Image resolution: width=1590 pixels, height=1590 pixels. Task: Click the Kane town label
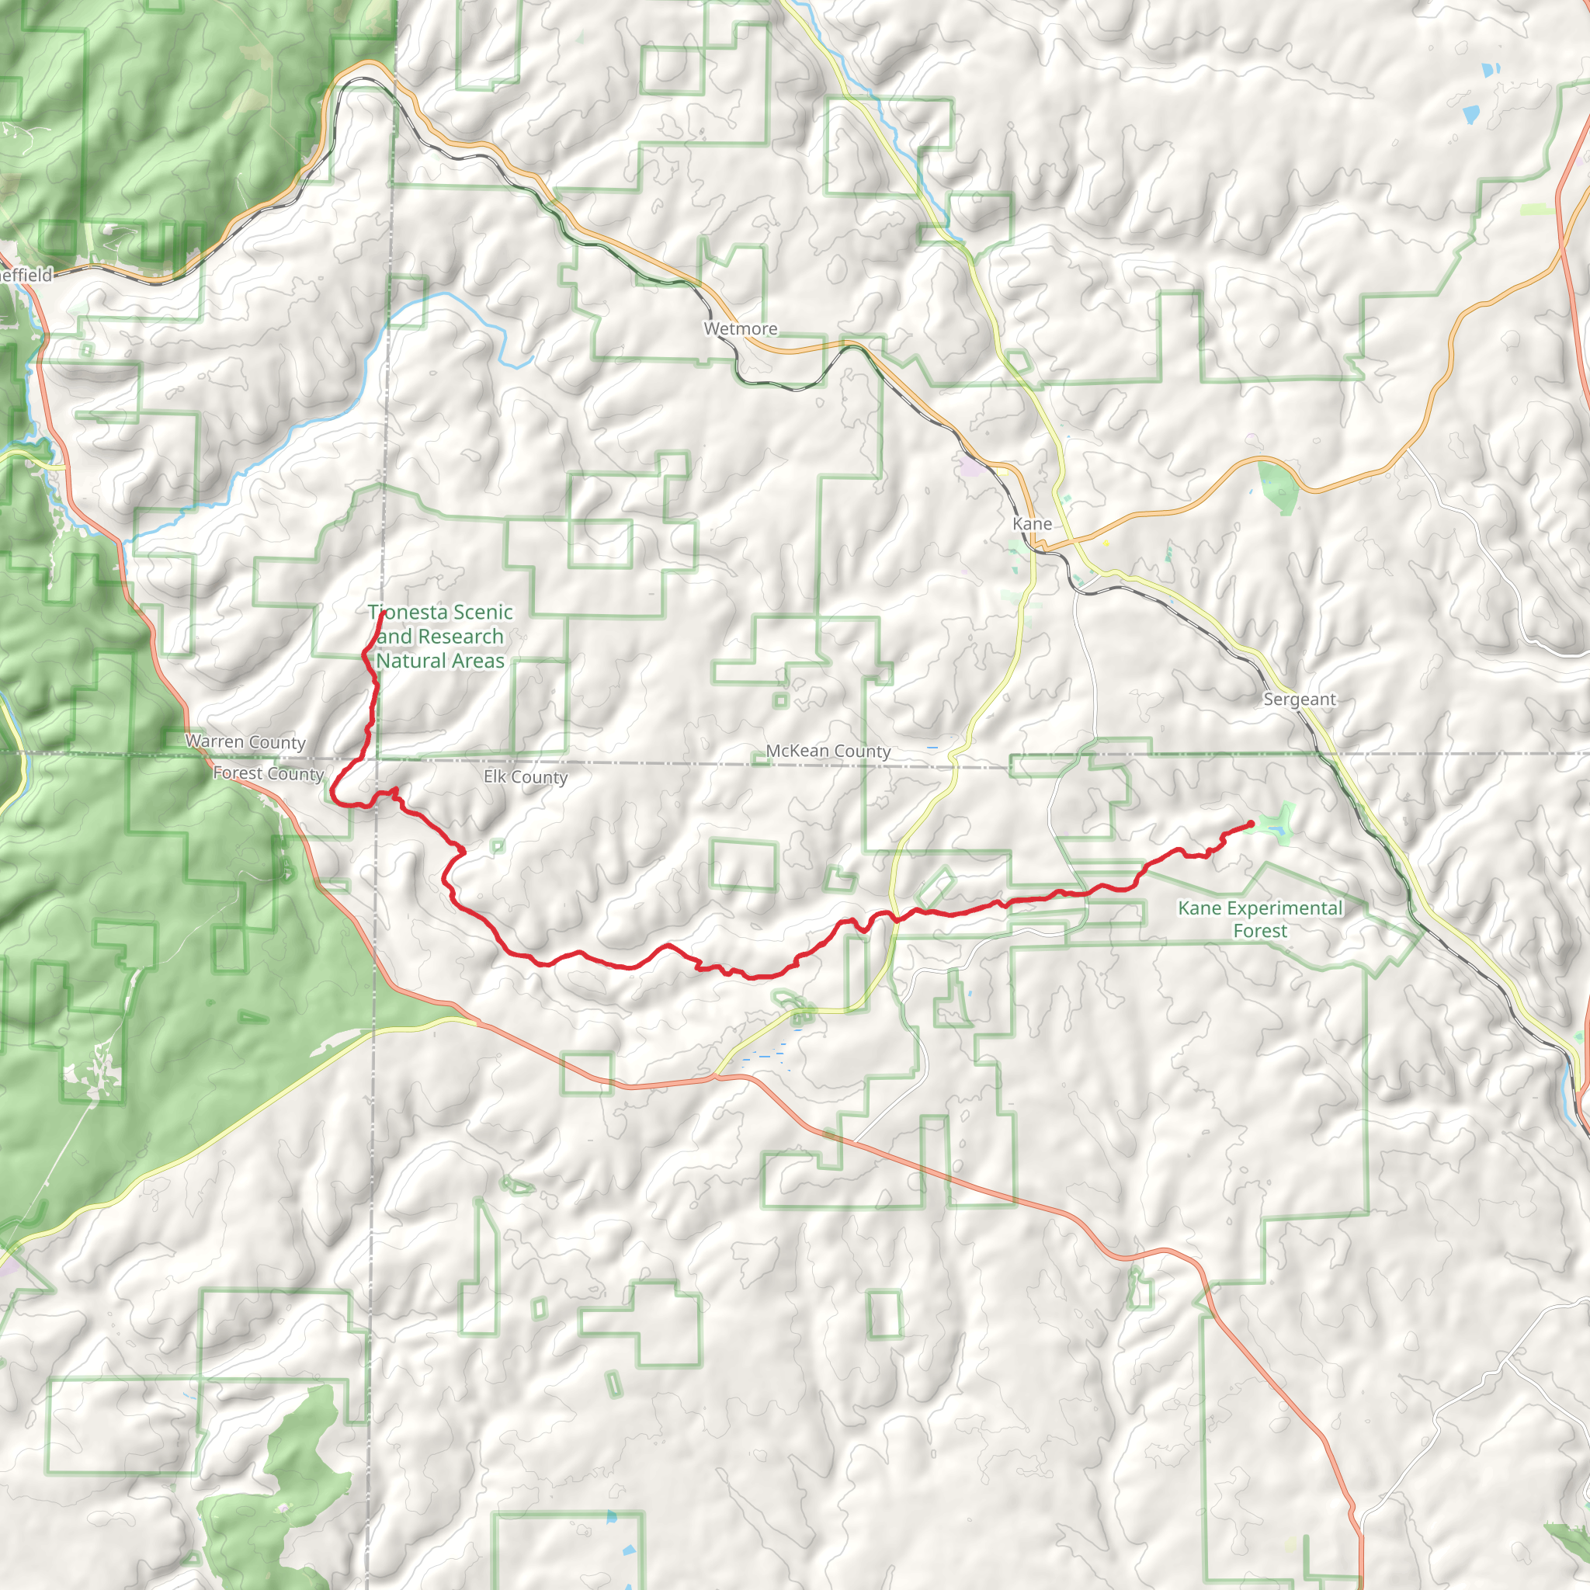point(1032,524)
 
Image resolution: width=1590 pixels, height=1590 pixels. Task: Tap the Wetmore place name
point(741,329)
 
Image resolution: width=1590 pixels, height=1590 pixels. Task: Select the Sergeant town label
point(1300,700)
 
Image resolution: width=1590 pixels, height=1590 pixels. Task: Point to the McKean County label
point(828,752)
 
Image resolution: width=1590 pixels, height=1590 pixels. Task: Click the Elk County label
point(525,777)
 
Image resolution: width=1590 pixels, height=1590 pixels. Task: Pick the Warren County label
point(245,741)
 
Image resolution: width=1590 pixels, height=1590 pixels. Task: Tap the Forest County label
point(268,773)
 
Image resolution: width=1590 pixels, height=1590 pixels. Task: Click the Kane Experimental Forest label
point(1260,919)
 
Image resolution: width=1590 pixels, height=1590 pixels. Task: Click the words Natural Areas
point(440,661)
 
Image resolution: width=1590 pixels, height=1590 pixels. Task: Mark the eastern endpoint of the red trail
point(1251,824)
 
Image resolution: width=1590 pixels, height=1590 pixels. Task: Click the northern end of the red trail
point(380,614)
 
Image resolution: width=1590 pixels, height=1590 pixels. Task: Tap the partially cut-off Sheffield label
point(26,275)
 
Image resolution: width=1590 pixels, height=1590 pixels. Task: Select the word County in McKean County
point(861,752)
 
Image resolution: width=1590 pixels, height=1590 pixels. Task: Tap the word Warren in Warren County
point(214,741)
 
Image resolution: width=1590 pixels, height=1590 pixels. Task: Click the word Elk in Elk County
point(495,776)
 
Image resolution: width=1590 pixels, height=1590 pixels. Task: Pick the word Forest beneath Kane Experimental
point(1260,931)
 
